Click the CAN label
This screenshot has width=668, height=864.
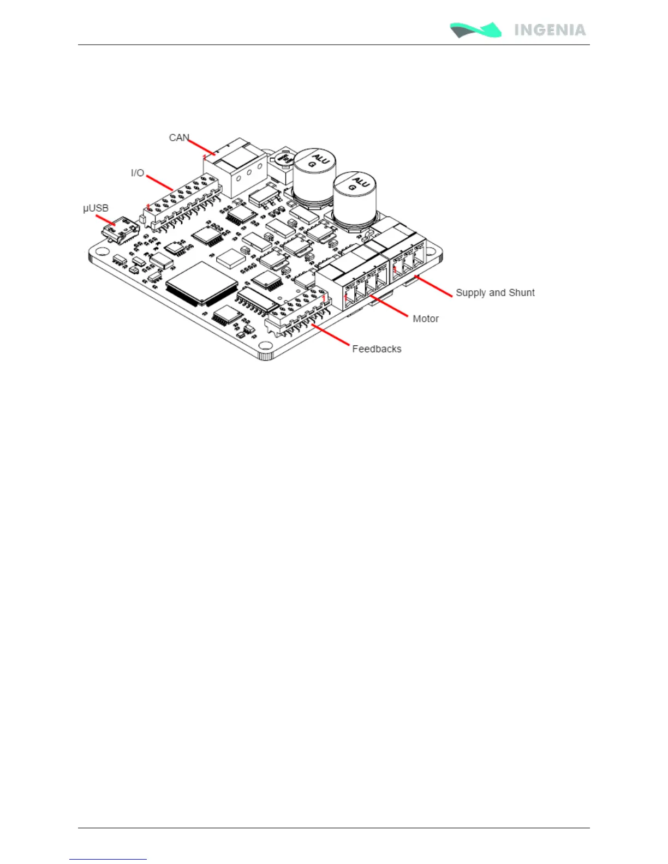178,138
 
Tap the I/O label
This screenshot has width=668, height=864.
138,173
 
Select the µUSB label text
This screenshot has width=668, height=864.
96,208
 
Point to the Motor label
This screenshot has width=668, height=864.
426,319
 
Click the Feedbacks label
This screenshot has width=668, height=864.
377,349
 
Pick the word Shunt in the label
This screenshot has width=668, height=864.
522,293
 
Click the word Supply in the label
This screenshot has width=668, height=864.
471,293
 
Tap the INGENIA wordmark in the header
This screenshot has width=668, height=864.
550,30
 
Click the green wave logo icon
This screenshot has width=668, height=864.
475,30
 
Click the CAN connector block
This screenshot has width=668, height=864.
235,169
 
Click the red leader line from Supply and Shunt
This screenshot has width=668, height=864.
433,286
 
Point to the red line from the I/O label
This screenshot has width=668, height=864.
159,182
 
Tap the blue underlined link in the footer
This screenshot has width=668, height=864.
108,859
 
